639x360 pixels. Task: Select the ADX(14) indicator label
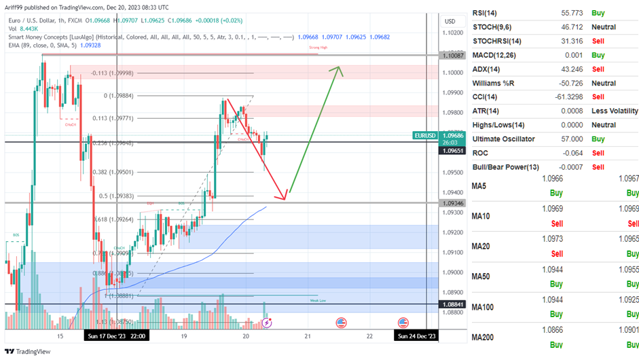tap(488, 69)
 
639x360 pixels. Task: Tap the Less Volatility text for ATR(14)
tap(614, 111)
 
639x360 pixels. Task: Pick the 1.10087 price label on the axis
tap(453, 55)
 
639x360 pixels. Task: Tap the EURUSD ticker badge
tap(425, 136)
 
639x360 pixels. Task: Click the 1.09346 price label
tap(453, 203)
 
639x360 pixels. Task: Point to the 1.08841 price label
tap(453, 304)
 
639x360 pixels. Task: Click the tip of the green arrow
tap(341, 67)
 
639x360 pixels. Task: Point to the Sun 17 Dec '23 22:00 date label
tap(117, 336)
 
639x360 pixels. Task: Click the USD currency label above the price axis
tap(450, 22)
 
